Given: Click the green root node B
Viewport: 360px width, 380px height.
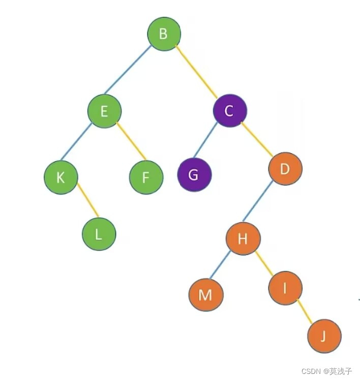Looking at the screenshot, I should click(x=164, y=34).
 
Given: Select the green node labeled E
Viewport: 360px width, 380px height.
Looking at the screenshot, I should click(x=104, y=111).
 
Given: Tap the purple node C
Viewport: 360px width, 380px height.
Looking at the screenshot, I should click(x=229, y=111).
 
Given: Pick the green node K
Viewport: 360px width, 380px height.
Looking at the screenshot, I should click(x=61, y=178).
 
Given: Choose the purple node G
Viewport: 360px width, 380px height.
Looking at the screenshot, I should click(x=194, y=175).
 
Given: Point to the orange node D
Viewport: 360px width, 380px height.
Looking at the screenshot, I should click(x=285, y=168).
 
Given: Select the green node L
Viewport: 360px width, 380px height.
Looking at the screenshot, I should click(x=99, y=234).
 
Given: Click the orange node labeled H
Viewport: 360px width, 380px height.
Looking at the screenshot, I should click(x=243, y=239).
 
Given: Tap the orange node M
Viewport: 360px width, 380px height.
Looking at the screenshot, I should click(x=205, y=295).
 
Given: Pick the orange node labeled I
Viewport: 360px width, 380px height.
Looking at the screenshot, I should click(x=285, y=288).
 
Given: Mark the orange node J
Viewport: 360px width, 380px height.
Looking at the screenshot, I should click(x=324, y=336).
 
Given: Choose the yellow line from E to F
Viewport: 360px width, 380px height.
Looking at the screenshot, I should click(x=131, y=141).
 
